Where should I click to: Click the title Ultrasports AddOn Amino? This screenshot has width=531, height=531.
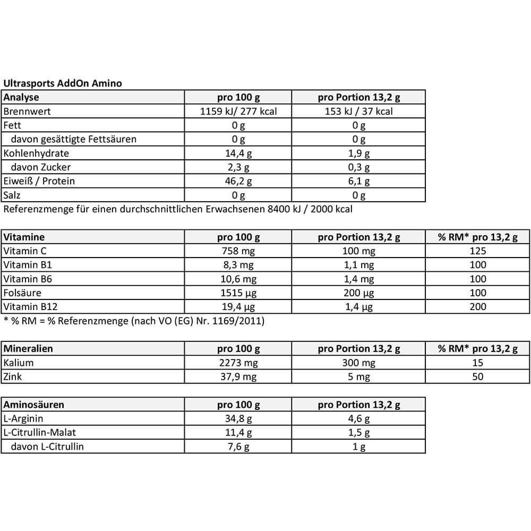coord(63,83)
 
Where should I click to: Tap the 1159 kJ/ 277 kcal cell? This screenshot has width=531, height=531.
coord(238,112)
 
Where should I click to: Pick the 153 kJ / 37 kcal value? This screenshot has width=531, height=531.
coord(359,112)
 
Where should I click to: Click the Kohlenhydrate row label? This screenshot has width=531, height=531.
coord(36,153)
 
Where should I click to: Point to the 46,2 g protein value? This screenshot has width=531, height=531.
coord(238,181)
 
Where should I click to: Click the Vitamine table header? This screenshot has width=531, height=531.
coord(24,237)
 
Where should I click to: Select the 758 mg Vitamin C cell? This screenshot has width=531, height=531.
coord(238,251)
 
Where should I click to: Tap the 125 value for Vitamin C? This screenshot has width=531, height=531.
coord(478,251)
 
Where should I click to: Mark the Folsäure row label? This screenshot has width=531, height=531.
coord(22,293)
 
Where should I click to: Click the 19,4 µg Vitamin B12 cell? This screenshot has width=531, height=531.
coord(238,306)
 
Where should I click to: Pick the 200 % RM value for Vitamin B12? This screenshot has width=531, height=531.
coord(478,306)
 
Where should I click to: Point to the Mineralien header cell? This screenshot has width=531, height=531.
coord(28,349)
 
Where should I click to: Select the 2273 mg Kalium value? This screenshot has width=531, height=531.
coord(238,363)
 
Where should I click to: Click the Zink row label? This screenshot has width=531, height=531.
coord(13,376)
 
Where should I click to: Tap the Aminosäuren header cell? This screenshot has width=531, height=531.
coord(33,405)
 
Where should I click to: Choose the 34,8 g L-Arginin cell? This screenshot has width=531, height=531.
coord(238,418)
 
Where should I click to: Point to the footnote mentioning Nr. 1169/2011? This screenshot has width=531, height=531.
coord(134,321)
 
